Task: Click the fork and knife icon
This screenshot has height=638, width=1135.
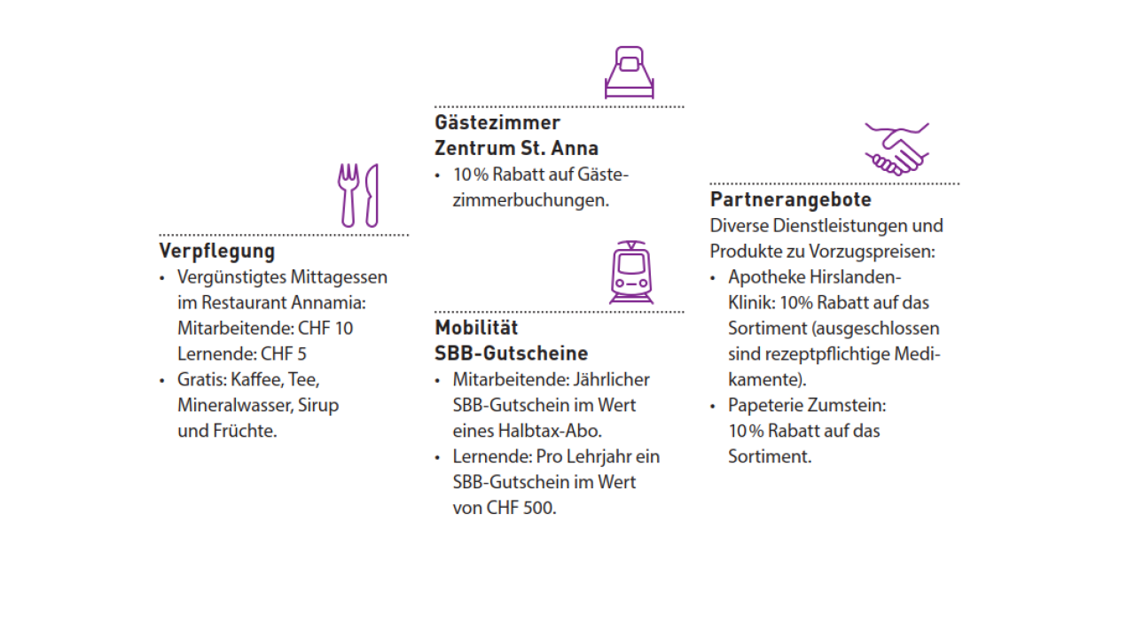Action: [x=358, y=195]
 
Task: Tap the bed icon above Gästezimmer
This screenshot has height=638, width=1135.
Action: [x=630, y=73]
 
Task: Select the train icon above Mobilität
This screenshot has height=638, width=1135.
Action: [x=630, y=273]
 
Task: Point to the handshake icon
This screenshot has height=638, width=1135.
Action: [x=896, y=149]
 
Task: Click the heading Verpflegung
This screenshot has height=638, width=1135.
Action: [x=217, y=251]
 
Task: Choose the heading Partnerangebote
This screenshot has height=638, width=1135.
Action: [x=791, y=199]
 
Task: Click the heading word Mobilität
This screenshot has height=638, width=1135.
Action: [x=476, y=328]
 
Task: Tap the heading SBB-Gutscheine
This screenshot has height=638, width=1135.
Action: [x=512, y=354]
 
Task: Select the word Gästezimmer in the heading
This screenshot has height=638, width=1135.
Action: [x=497, y=122]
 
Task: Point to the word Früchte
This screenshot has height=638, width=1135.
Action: [x=245, y=431]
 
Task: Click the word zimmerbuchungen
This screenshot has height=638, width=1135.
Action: [x=530, y=199]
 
